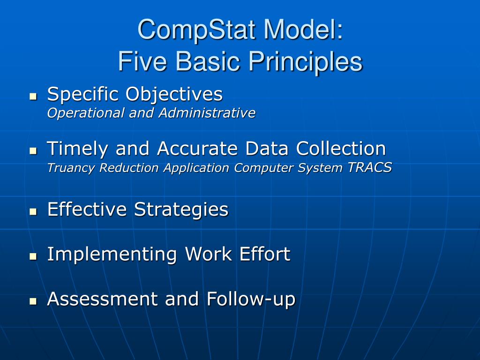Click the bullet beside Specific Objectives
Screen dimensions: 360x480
33,97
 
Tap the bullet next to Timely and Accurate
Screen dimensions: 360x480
33,151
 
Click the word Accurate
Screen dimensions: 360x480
196,149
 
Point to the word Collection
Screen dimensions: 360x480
341,149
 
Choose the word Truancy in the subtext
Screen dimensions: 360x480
67,168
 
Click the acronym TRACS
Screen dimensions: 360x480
369,168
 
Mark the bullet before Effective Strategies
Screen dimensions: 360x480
33,212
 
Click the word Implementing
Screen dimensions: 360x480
112,255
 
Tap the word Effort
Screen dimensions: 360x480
265,254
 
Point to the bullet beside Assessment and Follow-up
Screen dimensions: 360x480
33,301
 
